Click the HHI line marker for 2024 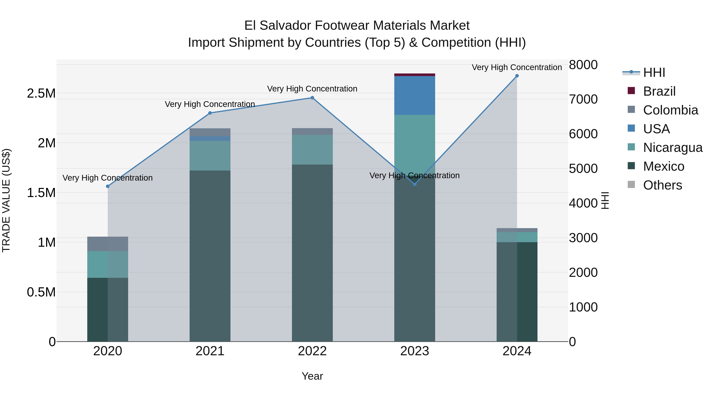tap(517, 76)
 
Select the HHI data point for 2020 tap(108, 187)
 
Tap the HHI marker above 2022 tap(312, 98)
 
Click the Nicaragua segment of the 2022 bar tap(312, 150)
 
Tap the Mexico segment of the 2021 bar tap(210, 256)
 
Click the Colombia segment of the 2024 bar tap(517, 230)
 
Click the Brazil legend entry tap(659, 91)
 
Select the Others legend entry tap(662, 185)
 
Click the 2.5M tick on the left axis tap(41, 93)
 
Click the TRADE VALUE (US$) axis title tap(6, 200)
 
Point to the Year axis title tap(312, 376)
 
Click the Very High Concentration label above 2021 tap(210, 104)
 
